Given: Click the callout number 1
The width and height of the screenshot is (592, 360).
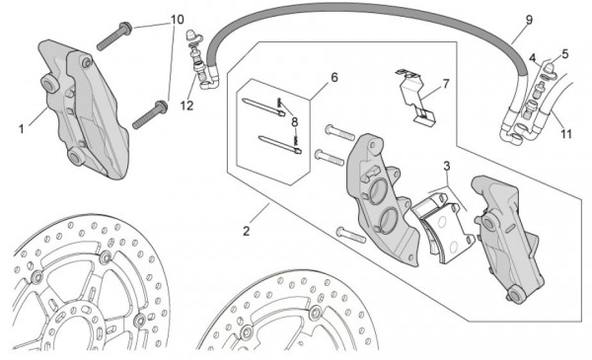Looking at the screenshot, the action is (22, 129).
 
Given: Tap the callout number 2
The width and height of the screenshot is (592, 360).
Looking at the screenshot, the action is (246, 231).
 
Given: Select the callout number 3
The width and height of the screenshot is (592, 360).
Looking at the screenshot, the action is (447, 166).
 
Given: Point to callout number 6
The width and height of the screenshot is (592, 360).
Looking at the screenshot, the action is (334, 77).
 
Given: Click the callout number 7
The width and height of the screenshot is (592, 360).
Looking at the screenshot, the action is (446, 84).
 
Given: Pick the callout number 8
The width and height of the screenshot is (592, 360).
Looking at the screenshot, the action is (294, 122).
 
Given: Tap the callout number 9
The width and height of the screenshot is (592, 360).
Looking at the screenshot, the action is (529, 20).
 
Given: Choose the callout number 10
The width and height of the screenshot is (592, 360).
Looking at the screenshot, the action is (178, 20).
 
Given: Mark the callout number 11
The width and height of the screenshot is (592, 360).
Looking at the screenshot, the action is (566, 133).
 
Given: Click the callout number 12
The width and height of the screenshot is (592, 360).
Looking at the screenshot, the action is (186, 106).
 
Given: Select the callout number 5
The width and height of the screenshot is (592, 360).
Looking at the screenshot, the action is (564, 54).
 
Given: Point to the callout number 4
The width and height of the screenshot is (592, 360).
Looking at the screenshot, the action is (533, 58).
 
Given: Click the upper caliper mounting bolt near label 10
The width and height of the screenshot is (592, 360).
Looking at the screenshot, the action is (114, 36).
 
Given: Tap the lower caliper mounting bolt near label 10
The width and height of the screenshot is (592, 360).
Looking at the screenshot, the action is (150, 114).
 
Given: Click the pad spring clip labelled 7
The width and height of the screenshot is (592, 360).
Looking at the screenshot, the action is (415, 97).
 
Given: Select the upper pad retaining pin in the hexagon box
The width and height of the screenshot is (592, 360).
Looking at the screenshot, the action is (262, 108).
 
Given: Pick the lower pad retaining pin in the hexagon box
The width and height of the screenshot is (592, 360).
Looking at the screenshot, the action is (280, 145).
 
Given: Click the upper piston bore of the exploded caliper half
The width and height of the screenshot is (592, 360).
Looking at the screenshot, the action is (378, 191).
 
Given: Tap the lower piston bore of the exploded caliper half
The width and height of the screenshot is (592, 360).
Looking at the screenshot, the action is (387, 221).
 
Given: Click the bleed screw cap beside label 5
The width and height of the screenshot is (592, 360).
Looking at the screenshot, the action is (550, 69).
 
